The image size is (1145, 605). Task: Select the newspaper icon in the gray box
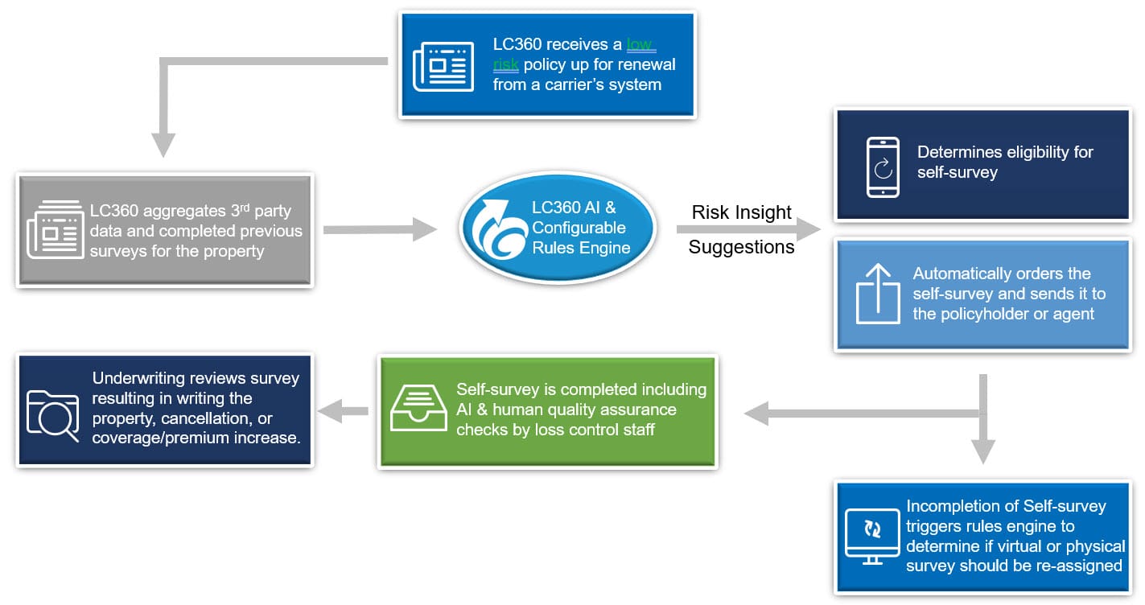tap(56, 230)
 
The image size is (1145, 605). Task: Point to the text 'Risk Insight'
tap(742, 212)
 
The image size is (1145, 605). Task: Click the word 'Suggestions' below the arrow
tap(741, 247)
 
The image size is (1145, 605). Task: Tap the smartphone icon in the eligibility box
tap(882, 167)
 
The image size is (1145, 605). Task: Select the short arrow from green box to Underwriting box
tap(344, 412)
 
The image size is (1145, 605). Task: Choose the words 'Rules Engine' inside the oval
tap(581, 248)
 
